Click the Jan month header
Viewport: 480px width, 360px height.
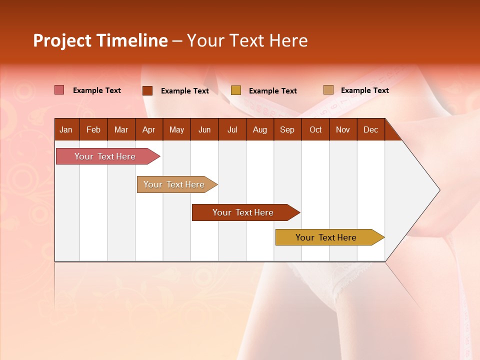pyautogui.click(x=66, y=130)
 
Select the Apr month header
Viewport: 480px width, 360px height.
pyautogui.click(x=148, y=130)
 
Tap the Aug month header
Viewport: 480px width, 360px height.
pyautogui.click(x=259, y=130)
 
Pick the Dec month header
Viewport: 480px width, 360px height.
pyautogui.click(x=370, y=130)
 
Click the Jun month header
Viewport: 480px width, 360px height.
pyautogui.click(x=204, y=130)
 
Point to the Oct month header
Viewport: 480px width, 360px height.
pyautogui.click(x=315, y=130)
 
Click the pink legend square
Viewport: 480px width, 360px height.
pyautogui.click(x=59, y=90)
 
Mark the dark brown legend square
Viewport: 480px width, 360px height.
pyautogui.click(x=147, y=90)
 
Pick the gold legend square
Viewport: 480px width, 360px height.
pyautogui.click(x=235, y=90)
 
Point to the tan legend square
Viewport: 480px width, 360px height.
pyautogui.click(x=328, y=90)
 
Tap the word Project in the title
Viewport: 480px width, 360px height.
pyautogui.click(x=61, y=40)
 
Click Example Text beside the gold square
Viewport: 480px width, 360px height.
pyautogui.click(x=272, y=91)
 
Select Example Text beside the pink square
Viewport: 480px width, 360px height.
pyautogui.click(x=96, y=90)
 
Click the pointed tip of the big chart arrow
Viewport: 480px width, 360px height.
pyautogui.click(x=438, y=190)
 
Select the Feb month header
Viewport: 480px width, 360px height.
pyautogui.click(x=93, y=130)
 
